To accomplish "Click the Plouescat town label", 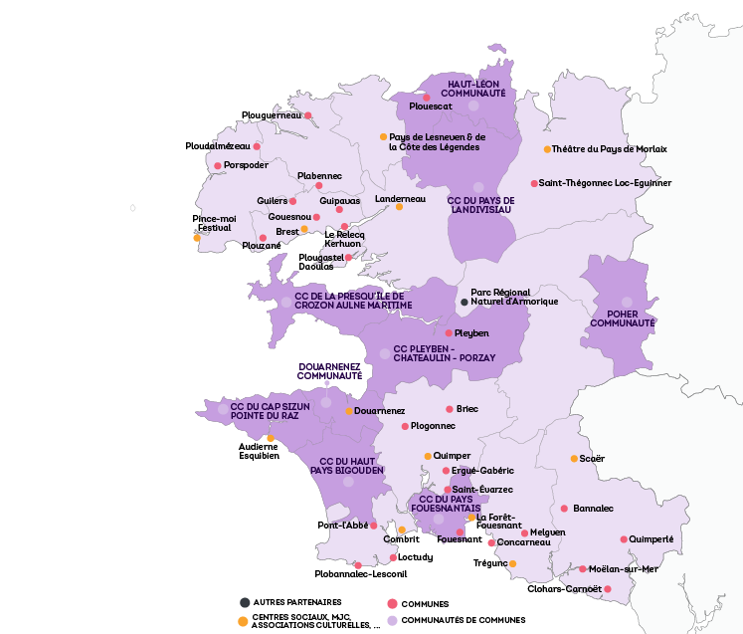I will tap(431, 106).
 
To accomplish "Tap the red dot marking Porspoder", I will tap(218, 165).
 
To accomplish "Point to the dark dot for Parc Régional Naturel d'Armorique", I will tap(464, 302).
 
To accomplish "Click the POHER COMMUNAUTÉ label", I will tap(623, 317).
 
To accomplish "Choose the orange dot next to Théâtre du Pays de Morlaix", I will tap(547, 149).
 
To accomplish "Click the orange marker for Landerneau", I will tap(399, 207).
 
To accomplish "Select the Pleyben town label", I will tap(471, 333).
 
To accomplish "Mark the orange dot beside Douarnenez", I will tap(349, 411).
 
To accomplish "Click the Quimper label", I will tap(453, 456).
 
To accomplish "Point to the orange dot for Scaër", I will tap(574, 459).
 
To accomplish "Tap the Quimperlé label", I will tap(652, 539).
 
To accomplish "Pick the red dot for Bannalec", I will tap(564, 509).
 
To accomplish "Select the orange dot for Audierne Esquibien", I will tap(271, 438).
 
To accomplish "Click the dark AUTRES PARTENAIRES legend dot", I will tap(245, 602).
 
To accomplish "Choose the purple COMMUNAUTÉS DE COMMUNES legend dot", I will tap(393, 620).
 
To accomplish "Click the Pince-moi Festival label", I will tap(214, 223).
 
